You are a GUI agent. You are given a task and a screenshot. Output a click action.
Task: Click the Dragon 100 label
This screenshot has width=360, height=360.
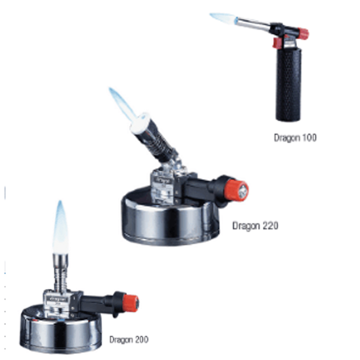tap(295, 138)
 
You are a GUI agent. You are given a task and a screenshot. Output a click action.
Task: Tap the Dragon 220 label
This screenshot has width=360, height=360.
tap(255, 226)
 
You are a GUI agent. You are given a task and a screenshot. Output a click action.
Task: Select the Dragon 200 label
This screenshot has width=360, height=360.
tap(129, 340)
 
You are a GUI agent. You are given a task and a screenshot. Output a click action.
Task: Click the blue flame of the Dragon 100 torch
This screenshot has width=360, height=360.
tap(223, 18)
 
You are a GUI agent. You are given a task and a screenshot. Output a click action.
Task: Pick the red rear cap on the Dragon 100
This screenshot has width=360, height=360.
tap(303, 34)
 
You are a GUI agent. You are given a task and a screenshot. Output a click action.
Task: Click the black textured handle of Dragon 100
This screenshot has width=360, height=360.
tap(288, 85)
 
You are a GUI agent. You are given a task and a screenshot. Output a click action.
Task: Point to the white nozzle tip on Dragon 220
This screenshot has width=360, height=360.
tap(139, 123)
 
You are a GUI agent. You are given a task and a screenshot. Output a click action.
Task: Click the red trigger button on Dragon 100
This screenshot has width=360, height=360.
tap(277, 43)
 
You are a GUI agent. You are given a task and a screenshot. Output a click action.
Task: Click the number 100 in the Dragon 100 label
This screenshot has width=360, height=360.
tap(309, 138)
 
